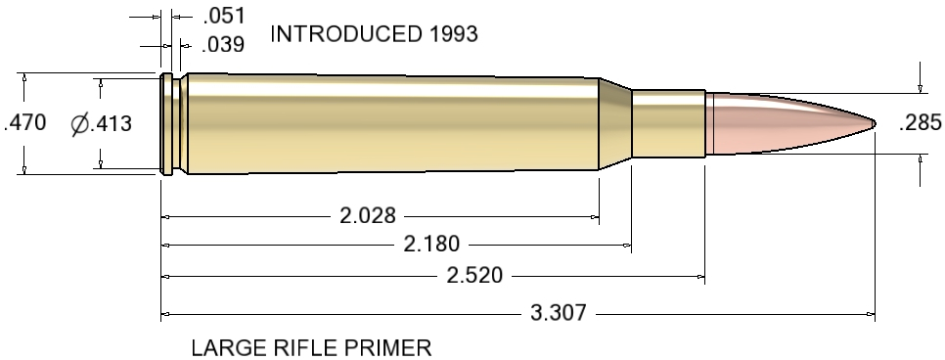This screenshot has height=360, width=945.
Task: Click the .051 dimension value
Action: coord(222,16)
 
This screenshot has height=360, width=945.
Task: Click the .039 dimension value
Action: coord(222,45)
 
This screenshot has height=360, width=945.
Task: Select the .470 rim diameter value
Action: coord(25,123)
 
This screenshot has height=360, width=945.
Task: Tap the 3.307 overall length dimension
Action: coord(558,313)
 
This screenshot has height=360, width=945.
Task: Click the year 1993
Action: coord(451,35)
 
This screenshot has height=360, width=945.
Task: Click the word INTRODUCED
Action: coord(345,35)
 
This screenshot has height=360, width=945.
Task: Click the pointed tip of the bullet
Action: coord(873,123)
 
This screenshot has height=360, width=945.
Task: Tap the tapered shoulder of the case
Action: coord(614,123)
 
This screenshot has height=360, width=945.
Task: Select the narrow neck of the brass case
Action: coord(668,123)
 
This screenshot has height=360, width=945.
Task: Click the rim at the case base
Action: coord(164,123)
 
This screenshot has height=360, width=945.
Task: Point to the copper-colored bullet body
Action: coord(773,123)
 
